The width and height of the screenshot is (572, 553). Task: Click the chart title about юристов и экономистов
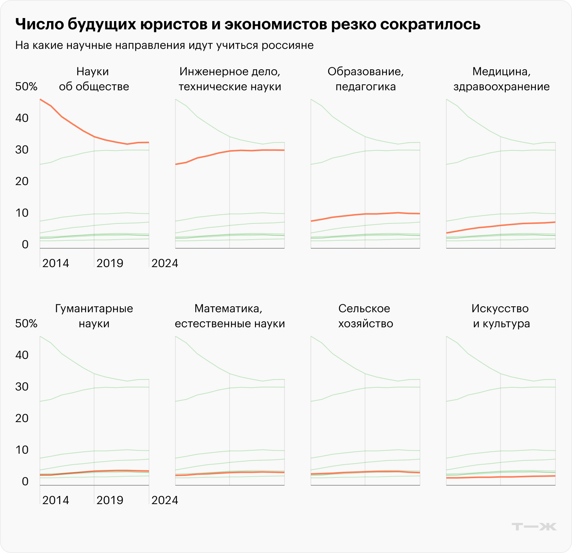(x=248, y=24)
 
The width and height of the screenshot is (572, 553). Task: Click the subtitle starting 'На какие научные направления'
(x=164, y=46)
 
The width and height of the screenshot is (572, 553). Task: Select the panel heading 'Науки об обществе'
(x=94, y=79)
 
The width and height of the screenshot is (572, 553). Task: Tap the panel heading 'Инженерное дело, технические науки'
(x=230, y=79)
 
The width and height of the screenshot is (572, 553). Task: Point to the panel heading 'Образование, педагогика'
(x=365, y=79)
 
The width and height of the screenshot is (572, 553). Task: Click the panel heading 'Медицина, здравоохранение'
(x=501, y=79)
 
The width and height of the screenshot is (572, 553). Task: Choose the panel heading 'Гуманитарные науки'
(x=94, y=316)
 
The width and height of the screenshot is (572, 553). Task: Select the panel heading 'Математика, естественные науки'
(x=230, y=316)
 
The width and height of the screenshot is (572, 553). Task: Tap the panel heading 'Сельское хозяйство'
(x=365, y=316)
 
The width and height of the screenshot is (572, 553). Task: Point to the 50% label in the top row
(x=26, y=87)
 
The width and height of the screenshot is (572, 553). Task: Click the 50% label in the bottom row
(x=26, y=324)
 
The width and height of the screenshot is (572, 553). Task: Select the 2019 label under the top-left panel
(x=110, y=263)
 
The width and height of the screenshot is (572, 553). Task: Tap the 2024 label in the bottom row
(x=164, y=500)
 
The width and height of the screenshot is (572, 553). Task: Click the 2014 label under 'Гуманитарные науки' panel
(x=56, y=500)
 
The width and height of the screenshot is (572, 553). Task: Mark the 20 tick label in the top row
(x=22, y=181)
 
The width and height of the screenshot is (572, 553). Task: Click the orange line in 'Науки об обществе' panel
(x=83, y=130)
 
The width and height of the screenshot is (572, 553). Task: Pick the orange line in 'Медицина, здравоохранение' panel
(x=500, y=225)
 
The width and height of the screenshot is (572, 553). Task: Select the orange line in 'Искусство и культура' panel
(x=500, y=477)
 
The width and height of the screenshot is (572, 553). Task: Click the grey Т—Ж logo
(x=534, y=526)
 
